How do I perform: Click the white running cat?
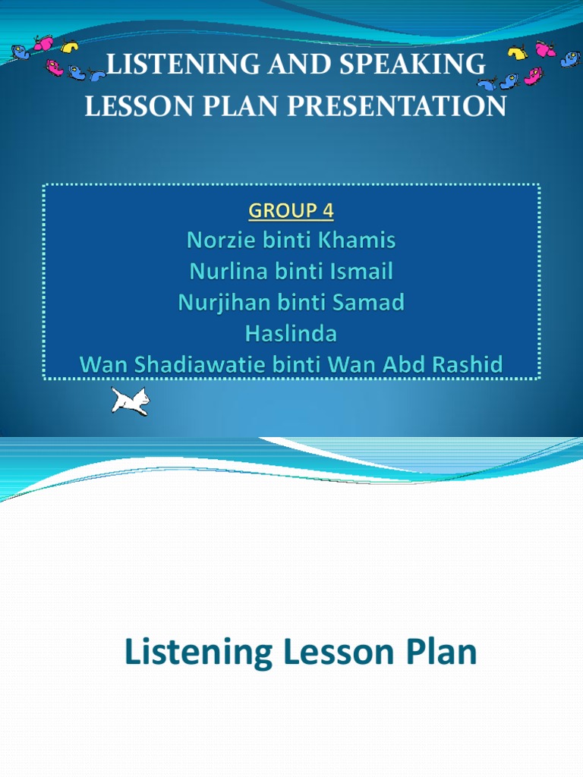pyautogui.click(x=130, y=401)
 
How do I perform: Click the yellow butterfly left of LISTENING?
pyautogui.click(x=70, y=47)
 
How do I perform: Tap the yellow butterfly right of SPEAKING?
pyautogui.click(x=517, y=53)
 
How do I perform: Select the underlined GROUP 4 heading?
pyautogui.click(x=291, y=210)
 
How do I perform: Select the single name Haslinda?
pyautogui.click(x=291, y=334)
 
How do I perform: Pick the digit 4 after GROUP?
pyautogui.click(x=327, y=210)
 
